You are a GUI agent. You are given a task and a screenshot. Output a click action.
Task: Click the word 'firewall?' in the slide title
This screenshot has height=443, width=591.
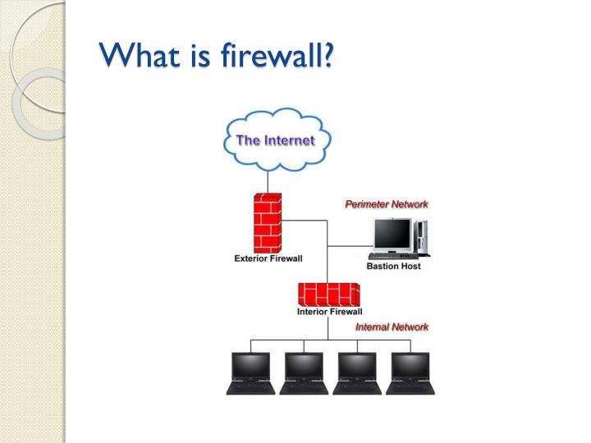(x=278, y=57)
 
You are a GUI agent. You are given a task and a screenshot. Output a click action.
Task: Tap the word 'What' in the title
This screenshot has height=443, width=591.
(x=136, y=57)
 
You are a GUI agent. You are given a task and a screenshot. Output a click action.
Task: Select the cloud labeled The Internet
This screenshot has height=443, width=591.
(x=275, y=140)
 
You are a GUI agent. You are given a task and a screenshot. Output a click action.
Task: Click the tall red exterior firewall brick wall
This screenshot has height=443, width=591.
(x=268, y=222)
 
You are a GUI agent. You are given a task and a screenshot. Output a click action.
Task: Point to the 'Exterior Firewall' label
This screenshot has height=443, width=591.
(x=268, y=258)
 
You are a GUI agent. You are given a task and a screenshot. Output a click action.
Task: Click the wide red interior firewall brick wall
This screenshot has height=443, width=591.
(x=329, y=293)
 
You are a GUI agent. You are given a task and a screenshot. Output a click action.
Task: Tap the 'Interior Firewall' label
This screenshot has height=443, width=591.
(x=329, y=312)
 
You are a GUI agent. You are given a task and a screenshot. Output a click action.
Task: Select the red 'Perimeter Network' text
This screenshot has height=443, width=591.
(x=386, y=203)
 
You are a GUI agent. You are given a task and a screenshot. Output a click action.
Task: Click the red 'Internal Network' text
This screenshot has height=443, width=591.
(x=392, y=327)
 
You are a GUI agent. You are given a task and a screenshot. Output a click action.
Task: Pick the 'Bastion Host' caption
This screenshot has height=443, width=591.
(x=393, y=267)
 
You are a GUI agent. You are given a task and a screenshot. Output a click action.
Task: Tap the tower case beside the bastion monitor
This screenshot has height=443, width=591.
(x=420, y=237)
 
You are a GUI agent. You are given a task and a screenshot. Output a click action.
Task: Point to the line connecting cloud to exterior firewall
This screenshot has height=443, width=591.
(x=268, y=181)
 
